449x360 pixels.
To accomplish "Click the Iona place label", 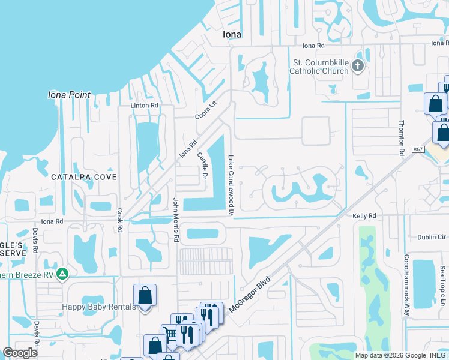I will point(232,34).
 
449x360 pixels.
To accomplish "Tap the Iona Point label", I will point(70,95).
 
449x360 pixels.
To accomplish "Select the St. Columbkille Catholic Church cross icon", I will point(358,65).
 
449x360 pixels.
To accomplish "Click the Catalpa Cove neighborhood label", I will point(83,177).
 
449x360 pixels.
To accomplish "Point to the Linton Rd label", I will point(145,106).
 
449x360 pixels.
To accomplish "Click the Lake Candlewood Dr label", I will point(230,185).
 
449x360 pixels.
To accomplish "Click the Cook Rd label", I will point(120,221).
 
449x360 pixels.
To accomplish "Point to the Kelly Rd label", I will point(364,215).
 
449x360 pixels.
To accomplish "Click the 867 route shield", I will point(418,149).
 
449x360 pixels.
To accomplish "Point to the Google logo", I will point(20,353).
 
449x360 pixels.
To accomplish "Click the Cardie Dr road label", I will point(202,167).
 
